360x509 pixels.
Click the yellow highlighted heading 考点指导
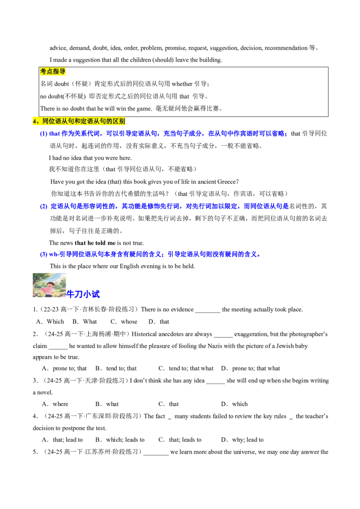click(53, 71)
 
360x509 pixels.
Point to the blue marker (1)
click(44, 134)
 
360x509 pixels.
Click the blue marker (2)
click(44, 206)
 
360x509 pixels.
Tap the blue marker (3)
click(44, 254)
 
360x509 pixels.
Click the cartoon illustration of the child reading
click(49, 285)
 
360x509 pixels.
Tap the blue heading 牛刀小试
click(83, 294)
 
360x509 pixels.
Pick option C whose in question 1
click(124, 321)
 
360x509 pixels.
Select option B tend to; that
click(116, 368)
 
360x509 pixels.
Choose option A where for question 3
click(55, 404)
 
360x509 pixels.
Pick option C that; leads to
click(180, 440)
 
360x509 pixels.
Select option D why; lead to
click(243, 440)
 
